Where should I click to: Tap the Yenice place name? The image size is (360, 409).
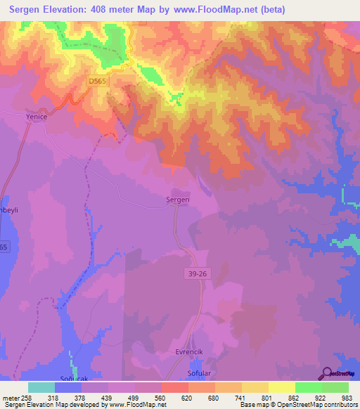[x=36, y=117]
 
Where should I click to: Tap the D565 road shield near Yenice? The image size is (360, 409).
[x=98, y=82]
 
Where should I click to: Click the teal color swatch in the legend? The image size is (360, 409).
[x=41, y=387]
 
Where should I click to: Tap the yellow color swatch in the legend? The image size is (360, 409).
[x=282, y=387]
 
